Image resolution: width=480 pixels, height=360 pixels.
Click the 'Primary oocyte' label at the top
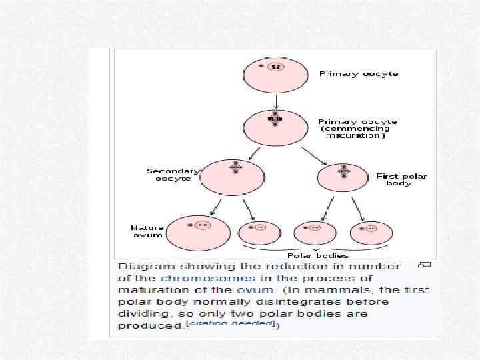pos(359,74)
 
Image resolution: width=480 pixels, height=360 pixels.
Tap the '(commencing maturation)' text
pos(355,132)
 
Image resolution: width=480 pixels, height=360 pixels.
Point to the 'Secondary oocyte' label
pos(173,175)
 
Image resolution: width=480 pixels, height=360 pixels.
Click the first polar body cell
pos(343,177)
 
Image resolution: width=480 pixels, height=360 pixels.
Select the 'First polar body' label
pos(401,179)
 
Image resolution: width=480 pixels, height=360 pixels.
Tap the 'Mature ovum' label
pos(147,231)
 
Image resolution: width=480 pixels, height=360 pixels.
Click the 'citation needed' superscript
pos(248,323)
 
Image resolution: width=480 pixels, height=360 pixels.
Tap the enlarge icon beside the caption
pos(424,265)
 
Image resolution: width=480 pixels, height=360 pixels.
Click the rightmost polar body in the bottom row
pos(368,233)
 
